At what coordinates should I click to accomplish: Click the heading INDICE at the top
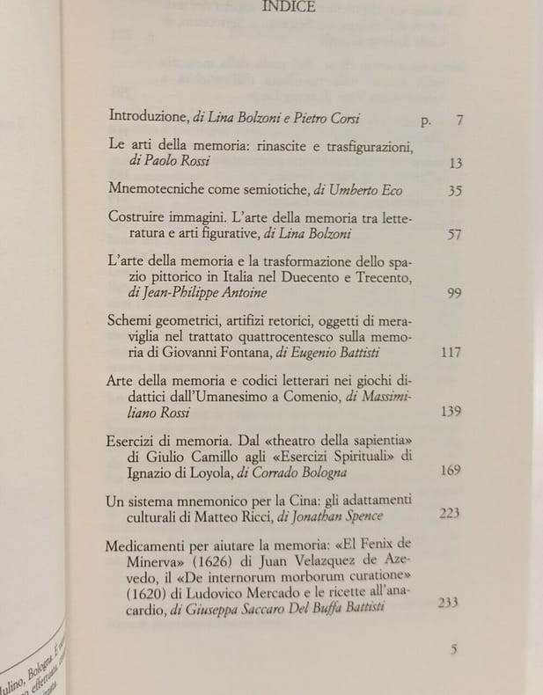(290, 10)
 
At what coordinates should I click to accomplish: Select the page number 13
(455, 163)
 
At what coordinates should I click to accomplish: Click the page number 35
(454, 190)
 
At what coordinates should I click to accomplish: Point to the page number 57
(454, 235)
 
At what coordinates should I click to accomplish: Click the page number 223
(449, 513)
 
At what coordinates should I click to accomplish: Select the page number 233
(448, 604)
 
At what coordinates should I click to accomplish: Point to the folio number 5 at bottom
(454, 650)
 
